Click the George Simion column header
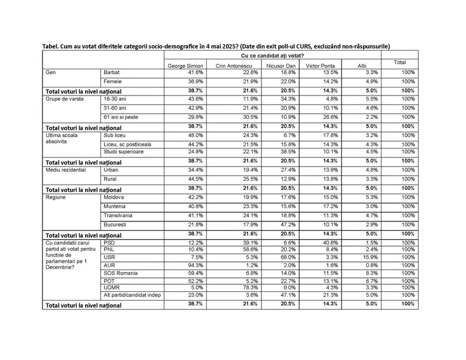click(185, 66)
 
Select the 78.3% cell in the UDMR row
click(236, 288)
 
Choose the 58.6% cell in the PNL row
click(236, 249)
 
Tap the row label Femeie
click(111, 82)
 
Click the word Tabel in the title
click(51, 45)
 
